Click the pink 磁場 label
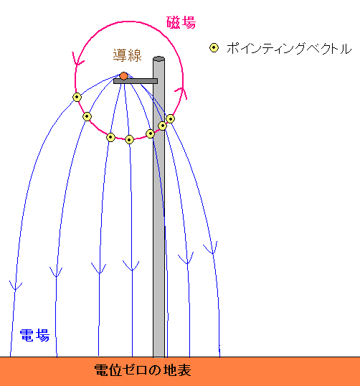coord(181,23)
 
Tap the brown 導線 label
coord(127,55)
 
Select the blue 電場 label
coord(34,335)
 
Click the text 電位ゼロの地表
coord(143,370)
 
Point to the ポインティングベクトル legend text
coord(289,48)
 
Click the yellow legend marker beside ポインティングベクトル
coord(214,48)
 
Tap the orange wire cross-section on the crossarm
coord(123,76)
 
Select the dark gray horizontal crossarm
coord(136,81)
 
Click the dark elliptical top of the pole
coord(159,59)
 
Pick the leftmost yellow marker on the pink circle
coord(77,97)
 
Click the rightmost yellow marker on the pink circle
coord(170,119)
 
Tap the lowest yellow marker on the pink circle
coord(129,140)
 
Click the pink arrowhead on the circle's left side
coord(77,59)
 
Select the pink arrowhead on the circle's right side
coord(182,93)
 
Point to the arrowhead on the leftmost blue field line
coord(16,286)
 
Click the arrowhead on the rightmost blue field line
coord(211,248)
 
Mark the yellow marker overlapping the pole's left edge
coord(151,134)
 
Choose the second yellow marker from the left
coord(87,116)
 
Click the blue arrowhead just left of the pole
coord(131,266)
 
